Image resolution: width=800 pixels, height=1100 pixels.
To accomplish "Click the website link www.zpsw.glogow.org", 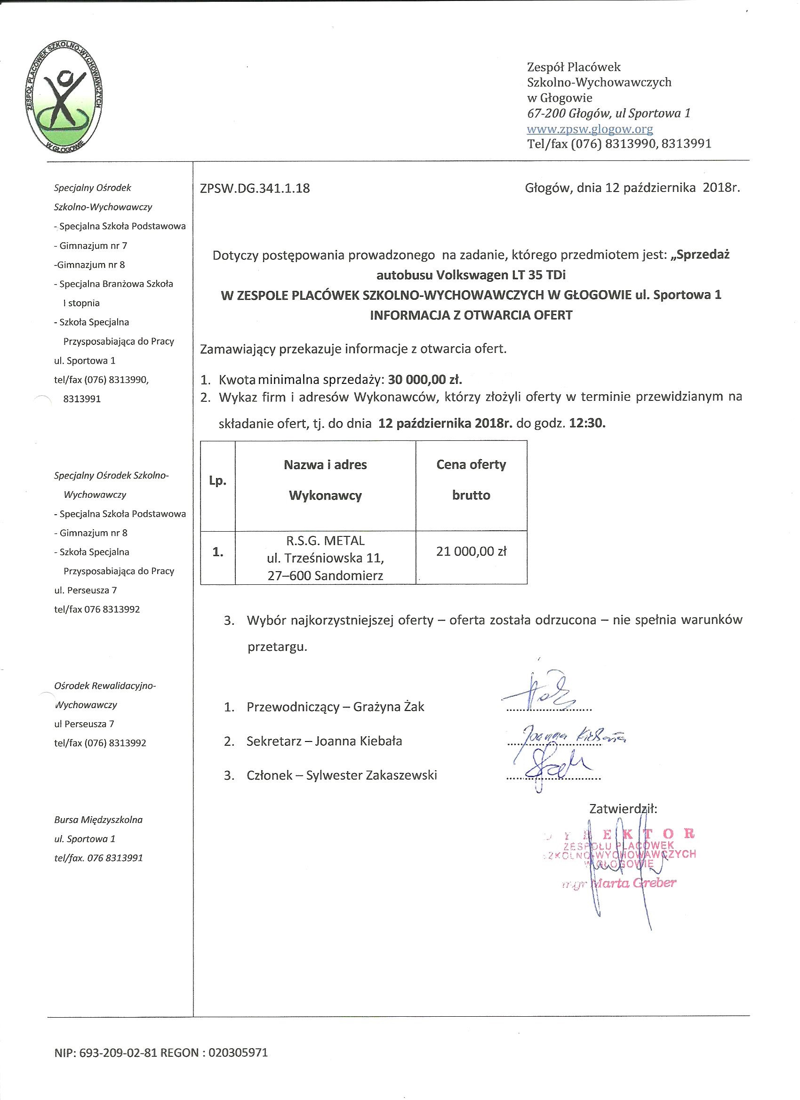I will point(590,129).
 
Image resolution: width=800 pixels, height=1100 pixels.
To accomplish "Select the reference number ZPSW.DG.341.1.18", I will point(254,188).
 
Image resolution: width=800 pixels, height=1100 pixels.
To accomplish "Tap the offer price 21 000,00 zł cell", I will point(471,551).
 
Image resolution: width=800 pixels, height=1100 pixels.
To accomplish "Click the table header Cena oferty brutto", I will point(471,480).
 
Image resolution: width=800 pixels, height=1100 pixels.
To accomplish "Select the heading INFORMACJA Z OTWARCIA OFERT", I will point(471,315).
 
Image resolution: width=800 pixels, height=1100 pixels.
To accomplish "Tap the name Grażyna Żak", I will point(389,707).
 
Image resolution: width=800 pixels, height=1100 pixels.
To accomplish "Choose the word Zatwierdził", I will point(623,808).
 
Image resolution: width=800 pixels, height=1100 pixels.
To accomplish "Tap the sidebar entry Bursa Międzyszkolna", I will point(98,820).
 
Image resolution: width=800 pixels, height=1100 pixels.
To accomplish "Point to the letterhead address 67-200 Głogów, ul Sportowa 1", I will point(608,113).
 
